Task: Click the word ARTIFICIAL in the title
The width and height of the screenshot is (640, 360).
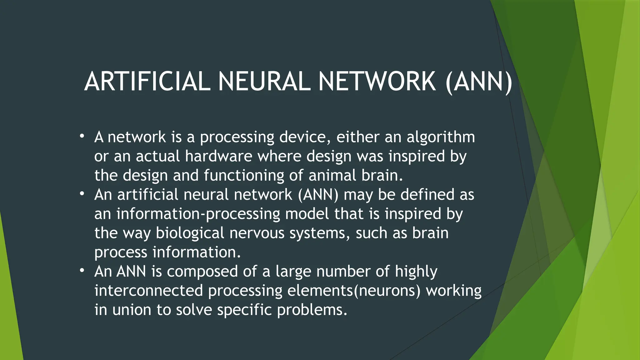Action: (147, 82)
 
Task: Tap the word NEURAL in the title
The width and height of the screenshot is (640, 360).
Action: (264, 82)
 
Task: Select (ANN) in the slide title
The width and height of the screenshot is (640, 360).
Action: (479, 82)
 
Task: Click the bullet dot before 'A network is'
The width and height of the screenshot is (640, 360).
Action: (82, 136)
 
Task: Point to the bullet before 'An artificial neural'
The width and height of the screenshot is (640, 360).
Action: (82, 194)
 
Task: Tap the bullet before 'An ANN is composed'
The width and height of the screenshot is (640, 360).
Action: (82, 271)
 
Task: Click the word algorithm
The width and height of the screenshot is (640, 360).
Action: (441, 137)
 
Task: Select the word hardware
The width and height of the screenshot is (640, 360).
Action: (218, 156)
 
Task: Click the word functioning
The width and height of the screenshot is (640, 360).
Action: (244, 175)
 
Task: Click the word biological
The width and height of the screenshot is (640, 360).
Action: (190, 233)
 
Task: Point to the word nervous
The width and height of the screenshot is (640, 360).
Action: (257, 233)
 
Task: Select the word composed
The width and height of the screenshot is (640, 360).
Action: (202, 271)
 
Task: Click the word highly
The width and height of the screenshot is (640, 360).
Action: (416, 271)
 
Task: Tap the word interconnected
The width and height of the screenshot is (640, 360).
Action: (149, 290)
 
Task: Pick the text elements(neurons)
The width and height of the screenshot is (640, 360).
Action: (354, 290)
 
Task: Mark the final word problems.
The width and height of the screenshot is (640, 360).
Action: (312, 310)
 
